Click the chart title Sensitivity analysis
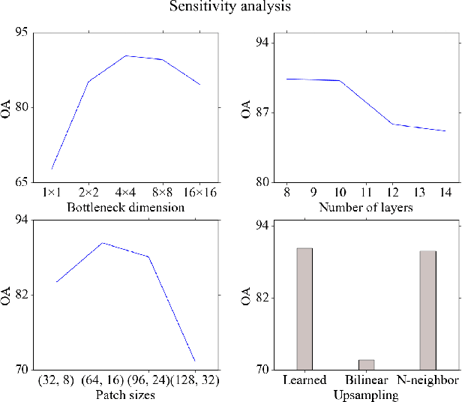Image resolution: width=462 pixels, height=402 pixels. pos(230,7)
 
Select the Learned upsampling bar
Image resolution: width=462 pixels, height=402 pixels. pos(304,308)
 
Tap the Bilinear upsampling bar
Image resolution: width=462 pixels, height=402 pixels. pos(366,364)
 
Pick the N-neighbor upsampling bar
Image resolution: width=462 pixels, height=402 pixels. pos(427,310)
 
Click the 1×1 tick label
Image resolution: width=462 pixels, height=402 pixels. pos(52,193)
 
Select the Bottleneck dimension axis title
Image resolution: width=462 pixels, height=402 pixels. pos(125,207)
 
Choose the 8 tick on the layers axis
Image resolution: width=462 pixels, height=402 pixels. pos(286,193)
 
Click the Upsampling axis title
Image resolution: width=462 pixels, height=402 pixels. pos(365,395)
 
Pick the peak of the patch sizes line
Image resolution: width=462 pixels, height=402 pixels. pos(103,243)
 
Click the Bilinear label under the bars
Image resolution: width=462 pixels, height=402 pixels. pos(366,381)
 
